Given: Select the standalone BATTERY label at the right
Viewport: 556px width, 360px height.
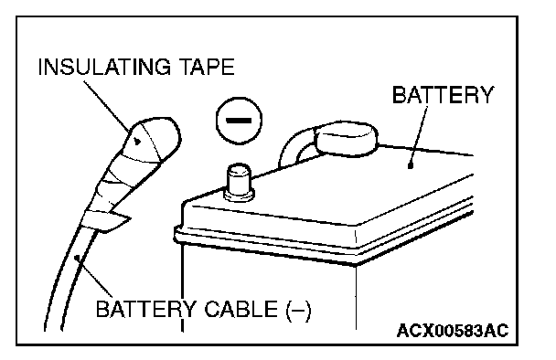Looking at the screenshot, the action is point(443,95).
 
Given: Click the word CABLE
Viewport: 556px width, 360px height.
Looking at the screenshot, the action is point(241,309).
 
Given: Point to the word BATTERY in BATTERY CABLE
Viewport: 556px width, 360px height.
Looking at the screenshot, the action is point(145,309).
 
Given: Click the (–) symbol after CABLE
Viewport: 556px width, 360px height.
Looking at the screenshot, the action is point(298,310).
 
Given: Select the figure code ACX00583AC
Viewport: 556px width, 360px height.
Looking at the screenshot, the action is point(453,331).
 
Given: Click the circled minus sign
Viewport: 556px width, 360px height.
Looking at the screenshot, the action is point(239,121).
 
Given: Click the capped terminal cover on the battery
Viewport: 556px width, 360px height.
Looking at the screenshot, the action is point(346,138).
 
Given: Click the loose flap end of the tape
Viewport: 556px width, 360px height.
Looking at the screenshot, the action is point(113,222).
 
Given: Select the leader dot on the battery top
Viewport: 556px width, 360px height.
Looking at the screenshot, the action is point(411,165).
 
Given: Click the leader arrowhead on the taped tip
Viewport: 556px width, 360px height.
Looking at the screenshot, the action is point(137,142).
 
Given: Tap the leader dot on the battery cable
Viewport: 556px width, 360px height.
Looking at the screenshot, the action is point(76,258).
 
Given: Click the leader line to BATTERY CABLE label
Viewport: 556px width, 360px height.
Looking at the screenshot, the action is point(94,277).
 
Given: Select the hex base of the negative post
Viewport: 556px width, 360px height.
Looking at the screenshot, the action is point(239,195).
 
